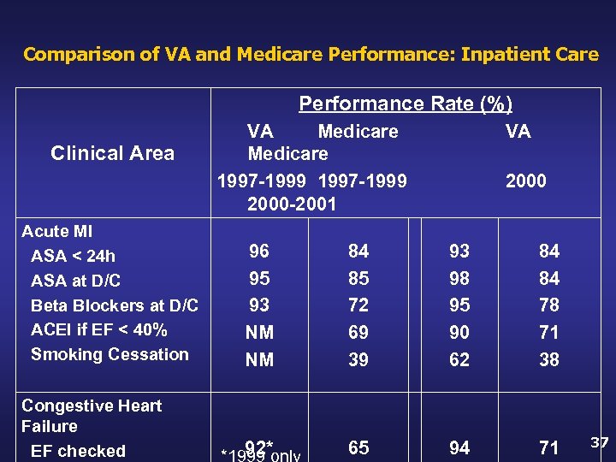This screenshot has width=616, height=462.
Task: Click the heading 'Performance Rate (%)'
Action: [x=406, y=104]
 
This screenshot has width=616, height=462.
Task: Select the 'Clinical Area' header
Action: [x=112, y=153]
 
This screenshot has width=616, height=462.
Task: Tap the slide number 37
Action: [x=600, y=442]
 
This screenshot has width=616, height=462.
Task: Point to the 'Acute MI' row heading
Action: [x=56, y=232]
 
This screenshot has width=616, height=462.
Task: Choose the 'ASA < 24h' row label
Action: [x=73, y=256]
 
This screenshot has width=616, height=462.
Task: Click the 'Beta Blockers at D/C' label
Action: [x=114, y=305]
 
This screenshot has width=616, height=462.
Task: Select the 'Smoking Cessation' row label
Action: [x=110, y=354]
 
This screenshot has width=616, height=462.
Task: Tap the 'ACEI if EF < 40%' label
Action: [x=98, y=330]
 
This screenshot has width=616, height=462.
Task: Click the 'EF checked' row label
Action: [x=78, y=451]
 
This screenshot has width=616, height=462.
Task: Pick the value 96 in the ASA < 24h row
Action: [x=259, y=252]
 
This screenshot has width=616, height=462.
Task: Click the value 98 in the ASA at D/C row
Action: [x=459, y=279]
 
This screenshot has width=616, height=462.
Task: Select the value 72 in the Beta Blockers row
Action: [x=358, y=305]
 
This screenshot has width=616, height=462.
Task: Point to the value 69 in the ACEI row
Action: [x=358, y=333]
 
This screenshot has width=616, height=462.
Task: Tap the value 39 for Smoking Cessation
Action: [x=358, y=360]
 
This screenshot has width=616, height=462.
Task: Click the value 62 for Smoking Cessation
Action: [x=459, y=360]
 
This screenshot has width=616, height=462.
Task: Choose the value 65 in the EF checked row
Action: [x=358, y=448]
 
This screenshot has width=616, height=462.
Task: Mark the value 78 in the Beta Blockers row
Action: [x=548, y=305]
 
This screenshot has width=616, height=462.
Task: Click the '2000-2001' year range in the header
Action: [x=292, y=204]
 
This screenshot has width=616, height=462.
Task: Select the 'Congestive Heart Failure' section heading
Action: [x=91, y=416]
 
